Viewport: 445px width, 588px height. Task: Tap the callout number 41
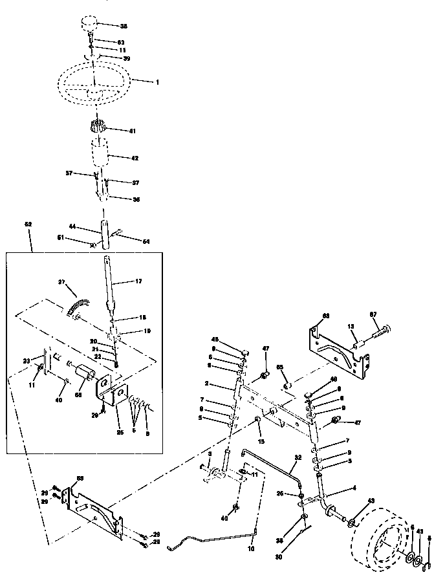click(x=133, y=131)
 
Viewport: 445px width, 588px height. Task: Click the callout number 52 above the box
click(x=28, y=224)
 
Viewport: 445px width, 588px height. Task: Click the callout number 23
click(x=27, y=361)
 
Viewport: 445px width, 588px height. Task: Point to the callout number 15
click(x=261, y=441)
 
